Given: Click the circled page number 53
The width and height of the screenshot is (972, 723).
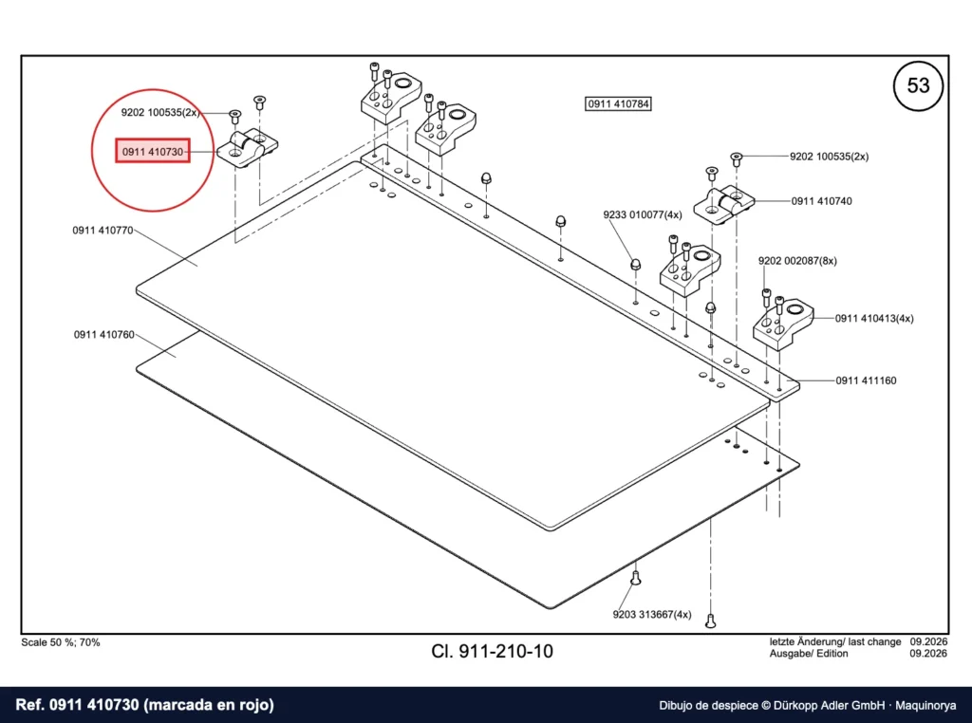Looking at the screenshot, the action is click(x=918, y=85).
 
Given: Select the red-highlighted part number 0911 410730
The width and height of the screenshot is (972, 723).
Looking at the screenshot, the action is click(x=153, y=151).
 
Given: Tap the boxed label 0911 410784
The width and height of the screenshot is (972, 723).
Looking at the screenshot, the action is click(x=619, y=103).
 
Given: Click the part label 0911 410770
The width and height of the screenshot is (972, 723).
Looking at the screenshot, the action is click(x=103, y=231).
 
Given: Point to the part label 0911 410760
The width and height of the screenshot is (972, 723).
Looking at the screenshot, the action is click(x=104, y=335).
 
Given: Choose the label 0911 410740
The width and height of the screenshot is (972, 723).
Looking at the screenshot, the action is click(x=821, y=201).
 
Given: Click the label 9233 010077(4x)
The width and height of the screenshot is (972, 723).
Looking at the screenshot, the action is click(x=643, y=215).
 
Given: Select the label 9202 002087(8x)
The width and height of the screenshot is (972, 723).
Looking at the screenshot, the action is click(x=797, y=261).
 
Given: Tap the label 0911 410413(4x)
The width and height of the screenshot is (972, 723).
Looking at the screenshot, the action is click(x=874, y=319).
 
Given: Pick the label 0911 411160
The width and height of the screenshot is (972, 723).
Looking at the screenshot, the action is click(x=866, y=380).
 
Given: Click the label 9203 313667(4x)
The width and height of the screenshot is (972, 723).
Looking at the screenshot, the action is click(x=652, y=615).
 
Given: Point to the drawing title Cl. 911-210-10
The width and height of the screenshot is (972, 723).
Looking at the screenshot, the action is click(x=493, y=651).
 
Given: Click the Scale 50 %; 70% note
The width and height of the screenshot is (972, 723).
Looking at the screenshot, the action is click(x=61, y=642).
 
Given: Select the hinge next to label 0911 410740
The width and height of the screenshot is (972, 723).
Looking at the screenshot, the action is click(x=722, y=204).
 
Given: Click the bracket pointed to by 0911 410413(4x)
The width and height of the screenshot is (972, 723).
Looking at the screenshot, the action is click(x=783, y=324).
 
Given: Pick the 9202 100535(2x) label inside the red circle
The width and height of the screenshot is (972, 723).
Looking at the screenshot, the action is click(x=160, y=113).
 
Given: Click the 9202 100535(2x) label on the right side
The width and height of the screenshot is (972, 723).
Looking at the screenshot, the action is click(x=829, y=157).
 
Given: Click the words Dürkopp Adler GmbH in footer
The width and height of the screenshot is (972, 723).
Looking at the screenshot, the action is click(x=830, y=706).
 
